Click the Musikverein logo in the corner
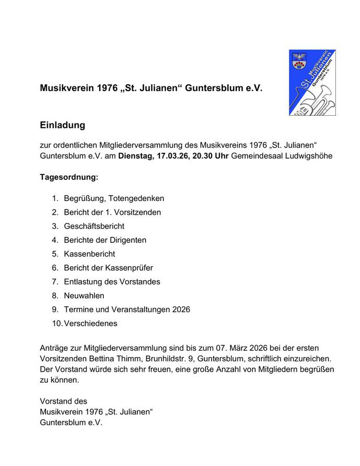pyautogui.click(x=312, y=83)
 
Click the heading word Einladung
pyautogui.click(x=62, y=126)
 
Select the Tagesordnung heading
pyautogui.click(x=69, y=177)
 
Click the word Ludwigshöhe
pyautogui.click(x=306, y=156)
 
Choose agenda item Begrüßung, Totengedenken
pyautogui.click(x=114, y=198)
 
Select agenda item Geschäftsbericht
pyautogui.click(x=94, y=226)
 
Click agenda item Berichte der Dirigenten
pyautogui.click(x=105, y=240)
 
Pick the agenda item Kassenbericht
pyautogui.click(x=90, y=254)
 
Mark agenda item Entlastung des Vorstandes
pyautogui.click(x=112, y=282)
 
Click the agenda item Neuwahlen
pyautogui.click(x=84, y=295)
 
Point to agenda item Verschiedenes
pyautogui.click(x=91, y=323)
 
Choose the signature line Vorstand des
pyautogui.click(x=63, y=401)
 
